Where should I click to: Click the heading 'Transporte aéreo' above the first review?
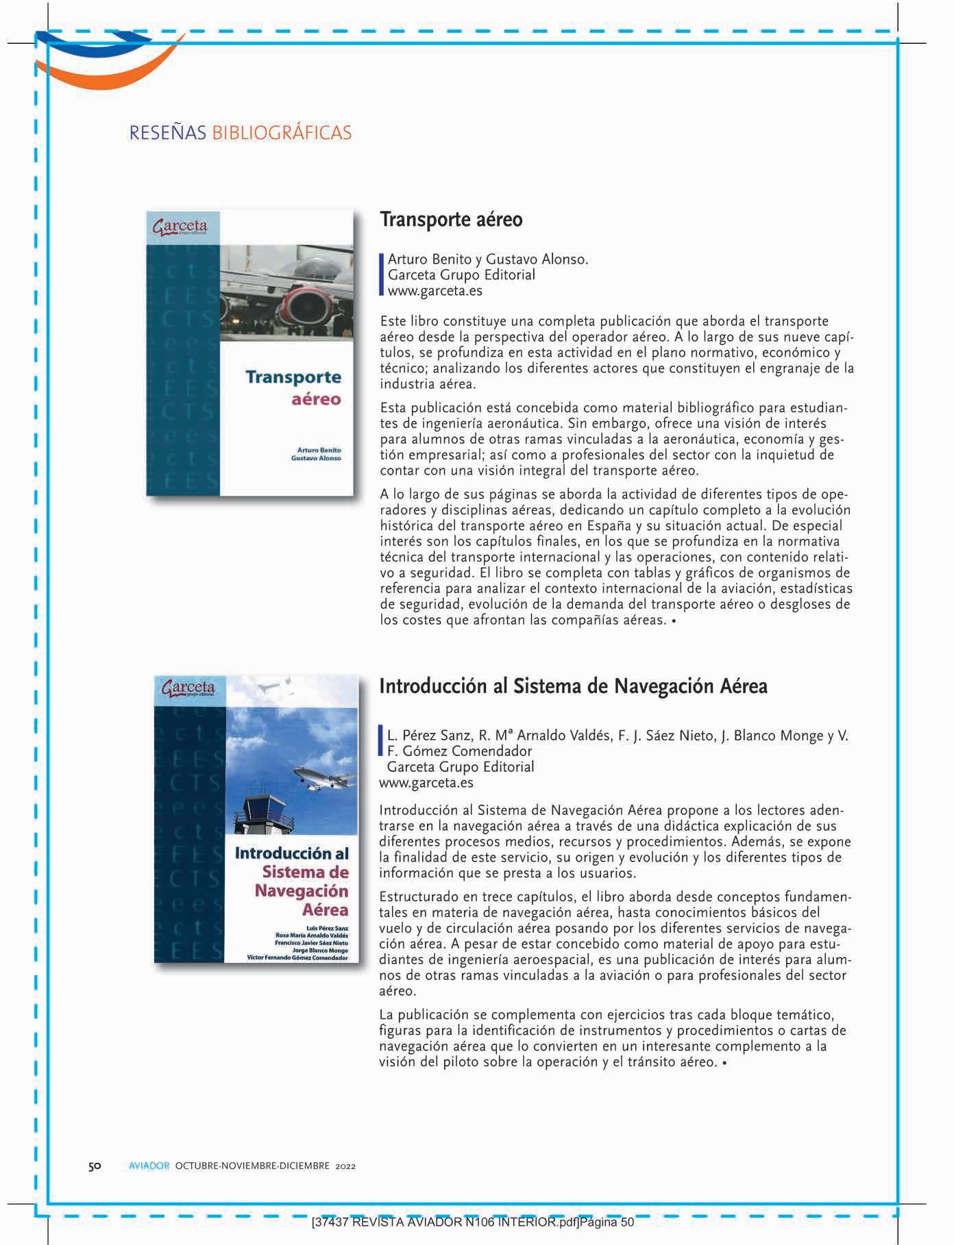[x=451, y=220]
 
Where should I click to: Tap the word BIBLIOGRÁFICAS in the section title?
[x=282, y=132]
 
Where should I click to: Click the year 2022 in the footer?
[x=345, y=1166]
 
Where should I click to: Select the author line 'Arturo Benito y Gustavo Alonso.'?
[x=488, y=260]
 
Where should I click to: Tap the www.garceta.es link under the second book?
[x=426, y=782]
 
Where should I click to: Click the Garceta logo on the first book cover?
[x=180, y=226]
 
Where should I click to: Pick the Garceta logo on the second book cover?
[x=188, y=688]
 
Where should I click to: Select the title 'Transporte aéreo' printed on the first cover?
[x=293, y=387]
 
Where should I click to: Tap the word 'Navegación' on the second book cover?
[x=302, y=891]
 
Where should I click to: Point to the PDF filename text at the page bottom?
[x=472, y=1222]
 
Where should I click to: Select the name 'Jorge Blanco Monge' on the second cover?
[x=320, y=951]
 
